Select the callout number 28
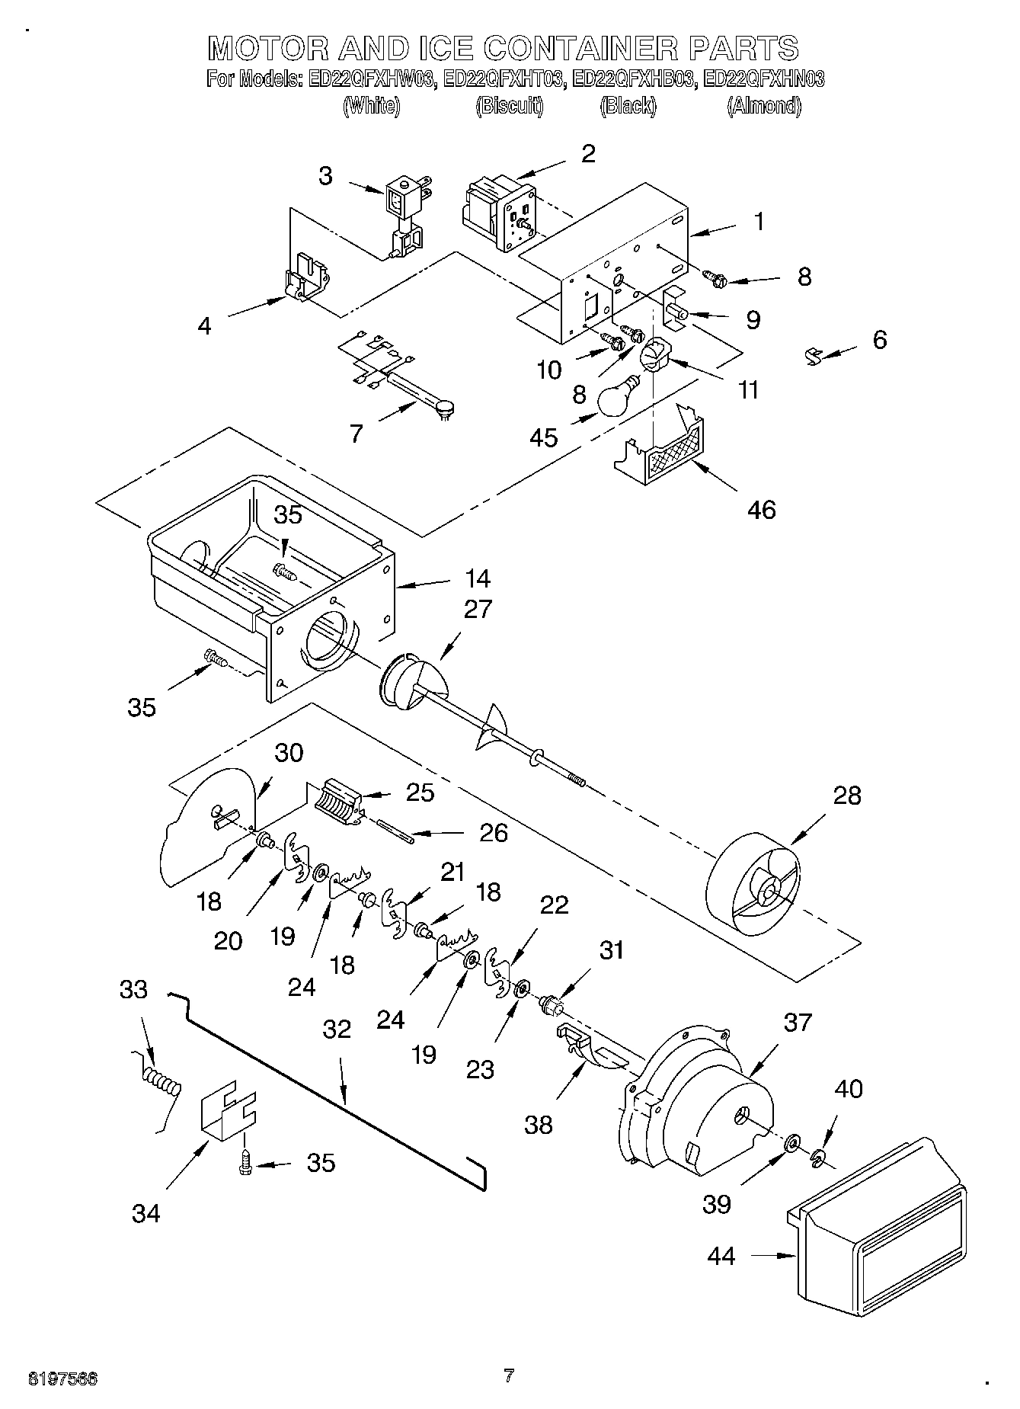(847, 796)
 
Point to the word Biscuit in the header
(510, 106)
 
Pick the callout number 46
(761, 509)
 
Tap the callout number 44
(721, 1255)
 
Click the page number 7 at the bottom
(509, 1375)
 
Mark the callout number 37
(798, 1022)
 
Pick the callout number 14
(478, 579)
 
